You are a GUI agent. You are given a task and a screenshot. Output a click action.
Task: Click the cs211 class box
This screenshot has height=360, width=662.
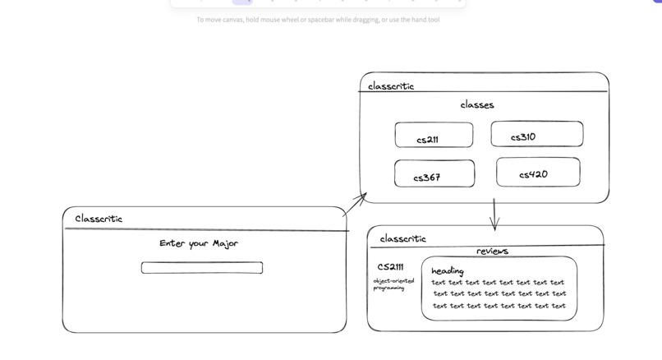(434, 135)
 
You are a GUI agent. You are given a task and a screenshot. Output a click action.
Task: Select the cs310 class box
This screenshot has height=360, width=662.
(536, 134)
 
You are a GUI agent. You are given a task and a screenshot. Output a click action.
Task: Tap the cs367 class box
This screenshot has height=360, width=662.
(434, 174)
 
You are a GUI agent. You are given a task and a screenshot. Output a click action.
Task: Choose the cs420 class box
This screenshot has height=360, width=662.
(537, 173)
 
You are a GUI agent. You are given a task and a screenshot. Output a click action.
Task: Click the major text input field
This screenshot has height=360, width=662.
(202, 268)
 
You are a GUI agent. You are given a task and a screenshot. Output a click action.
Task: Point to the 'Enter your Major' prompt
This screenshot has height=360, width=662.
(198, 243)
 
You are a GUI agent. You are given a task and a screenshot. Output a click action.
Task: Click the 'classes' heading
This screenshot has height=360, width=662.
(477, 105)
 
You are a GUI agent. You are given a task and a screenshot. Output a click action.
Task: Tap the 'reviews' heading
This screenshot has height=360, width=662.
(492, 251)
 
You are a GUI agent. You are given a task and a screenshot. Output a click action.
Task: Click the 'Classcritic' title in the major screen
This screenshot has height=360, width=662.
(99, 219)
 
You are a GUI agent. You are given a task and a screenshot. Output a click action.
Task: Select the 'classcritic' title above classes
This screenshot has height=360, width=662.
(391, 86)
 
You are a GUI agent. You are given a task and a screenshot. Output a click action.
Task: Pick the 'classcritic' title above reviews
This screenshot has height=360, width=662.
(402, 238)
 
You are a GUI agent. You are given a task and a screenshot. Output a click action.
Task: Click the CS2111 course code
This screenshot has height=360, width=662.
(390, 267)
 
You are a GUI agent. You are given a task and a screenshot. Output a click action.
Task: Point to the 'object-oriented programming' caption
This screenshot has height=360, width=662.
(393, 284)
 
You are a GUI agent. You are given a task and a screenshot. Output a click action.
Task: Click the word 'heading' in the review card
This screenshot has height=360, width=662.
(448, 270)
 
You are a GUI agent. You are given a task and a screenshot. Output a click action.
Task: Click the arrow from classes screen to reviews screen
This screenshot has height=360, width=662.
(494, 214)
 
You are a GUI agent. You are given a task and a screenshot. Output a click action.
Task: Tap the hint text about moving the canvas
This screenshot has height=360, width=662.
(318, 20)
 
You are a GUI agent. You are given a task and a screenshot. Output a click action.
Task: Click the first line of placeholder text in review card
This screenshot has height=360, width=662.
(498, 283)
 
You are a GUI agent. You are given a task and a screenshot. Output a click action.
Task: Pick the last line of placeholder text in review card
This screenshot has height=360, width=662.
(499, 306)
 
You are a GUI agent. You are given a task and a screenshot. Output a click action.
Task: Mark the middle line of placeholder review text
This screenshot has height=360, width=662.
(499, 293)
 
